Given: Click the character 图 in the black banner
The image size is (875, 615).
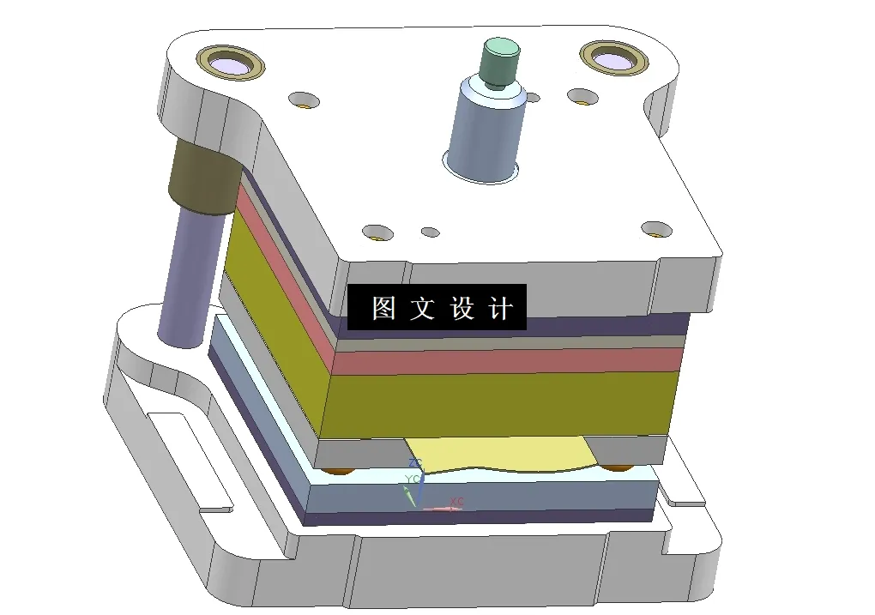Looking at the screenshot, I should [383, 308].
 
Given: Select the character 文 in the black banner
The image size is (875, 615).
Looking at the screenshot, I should [422, 308].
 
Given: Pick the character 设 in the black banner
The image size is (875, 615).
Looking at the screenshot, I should [462, 308].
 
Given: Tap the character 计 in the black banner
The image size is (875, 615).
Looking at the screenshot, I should [501, 308].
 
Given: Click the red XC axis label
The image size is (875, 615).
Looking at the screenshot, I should [456, 502].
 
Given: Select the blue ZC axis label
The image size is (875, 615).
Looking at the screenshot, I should [414, 463].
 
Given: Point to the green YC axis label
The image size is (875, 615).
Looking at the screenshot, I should [412, 479].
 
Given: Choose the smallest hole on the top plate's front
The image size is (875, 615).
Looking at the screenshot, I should [430, 232].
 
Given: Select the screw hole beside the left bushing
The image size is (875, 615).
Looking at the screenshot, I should [304, 99].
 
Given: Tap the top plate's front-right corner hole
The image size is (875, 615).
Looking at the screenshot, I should [657, 229].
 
